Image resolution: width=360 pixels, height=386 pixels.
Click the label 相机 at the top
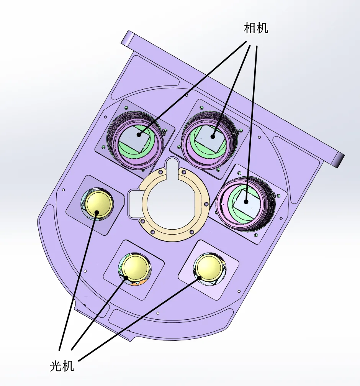[256, 28]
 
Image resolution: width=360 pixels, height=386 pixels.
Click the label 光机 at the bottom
[62, 366]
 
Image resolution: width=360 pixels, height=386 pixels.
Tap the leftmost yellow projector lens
[98, 204]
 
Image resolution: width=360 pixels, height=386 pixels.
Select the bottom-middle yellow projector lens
[136, 268]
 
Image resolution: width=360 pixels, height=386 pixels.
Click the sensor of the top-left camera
[135, 138]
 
